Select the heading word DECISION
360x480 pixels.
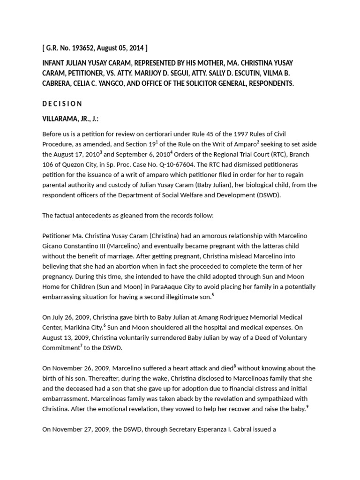click(62, 104)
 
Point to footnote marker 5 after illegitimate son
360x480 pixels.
click(213, 294)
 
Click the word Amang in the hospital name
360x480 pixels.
click(193, 317)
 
